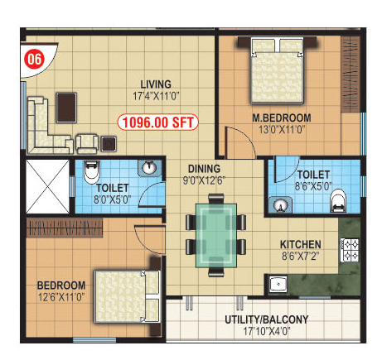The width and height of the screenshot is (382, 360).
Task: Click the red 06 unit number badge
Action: pyautogui.click(x=34, y=60)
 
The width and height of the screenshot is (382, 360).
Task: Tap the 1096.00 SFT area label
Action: pyautogui.click(x=157, y=122)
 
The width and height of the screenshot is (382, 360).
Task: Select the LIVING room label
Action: pyautogui.click(x=156, y=84)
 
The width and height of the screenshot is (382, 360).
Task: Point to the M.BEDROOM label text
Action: pyautogui.click(x=282, y=118)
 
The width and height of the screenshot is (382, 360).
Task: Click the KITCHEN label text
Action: pyautogui.click(x=301, y=244)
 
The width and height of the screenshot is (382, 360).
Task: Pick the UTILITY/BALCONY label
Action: pyautogui.click(x=266, y=319)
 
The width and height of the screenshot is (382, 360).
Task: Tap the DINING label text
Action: pyautogui.click(x=204, y=169)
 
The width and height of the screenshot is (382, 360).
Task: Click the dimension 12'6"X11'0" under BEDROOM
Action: pyautogui.click(x=61, y=297)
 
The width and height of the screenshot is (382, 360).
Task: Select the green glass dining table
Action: pyautogui.click(x=216, y=235)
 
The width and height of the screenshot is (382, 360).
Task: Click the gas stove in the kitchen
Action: pyautogui.click(x=350, y=250)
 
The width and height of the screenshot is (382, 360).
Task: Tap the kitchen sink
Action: pyautogui.click(x=278, y=284)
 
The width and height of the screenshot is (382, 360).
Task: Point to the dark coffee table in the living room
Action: pyautogui.click(x=66, y=108)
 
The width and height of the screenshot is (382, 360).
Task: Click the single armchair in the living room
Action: pyautogui.click(x=87, y=143)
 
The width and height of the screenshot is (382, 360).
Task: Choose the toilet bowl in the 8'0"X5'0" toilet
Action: pyautogui.click(x=91, y=172)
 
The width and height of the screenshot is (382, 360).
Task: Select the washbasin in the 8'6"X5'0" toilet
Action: pyautogui.click(x=280, y=204)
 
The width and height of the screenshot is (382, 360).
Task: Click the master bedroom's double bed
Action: pyautogui.click(x=277, y=70)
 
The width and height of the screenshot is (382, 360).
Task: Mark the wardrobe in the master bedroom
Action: pyautogui.click(x=351, y=74)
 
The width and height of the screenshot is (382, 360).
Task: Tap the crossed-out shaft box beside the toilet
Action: pyautogui.click(x=47, y=186)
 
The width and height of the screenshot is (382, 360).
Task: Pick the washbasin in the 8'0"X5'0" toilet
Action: pyautogui.click(x=149, y=168)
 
